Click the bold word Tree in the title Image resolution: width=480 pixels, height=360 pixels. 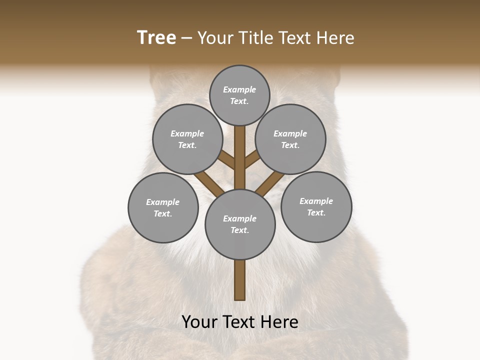[156, 37]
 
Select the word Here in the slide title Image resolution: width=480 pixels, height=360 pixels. [337, 37]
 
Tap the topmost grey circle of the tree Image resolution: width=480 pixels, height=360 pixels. [239, 95]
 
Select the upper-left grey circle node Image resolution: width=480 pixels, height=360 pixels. [187, 139]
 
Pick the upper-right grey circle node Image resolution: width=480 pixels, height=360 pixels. [290, 139]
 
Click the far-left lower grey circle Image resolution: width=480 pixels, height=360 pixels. [163, 207]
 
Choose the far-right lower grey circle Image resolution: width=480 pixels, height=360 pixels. [316, 206]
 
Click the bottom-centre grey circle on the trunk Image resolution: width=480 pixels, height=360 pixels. [240, 224]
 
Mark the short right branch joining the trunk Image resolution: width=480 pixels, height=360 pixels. [252, 159]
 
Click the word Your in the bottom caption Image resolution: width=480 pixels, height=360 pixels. [200, 322]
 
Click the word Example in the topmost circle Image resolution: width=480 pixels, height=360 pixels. [239, 89]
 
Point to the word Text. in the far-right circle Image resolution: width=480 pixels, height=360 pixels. [316, 212]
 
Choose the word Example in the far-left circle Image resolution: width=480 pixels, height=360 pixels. [163, 202]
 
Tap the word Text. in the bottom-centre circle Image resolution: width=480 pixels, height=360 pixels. [240, 230]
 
